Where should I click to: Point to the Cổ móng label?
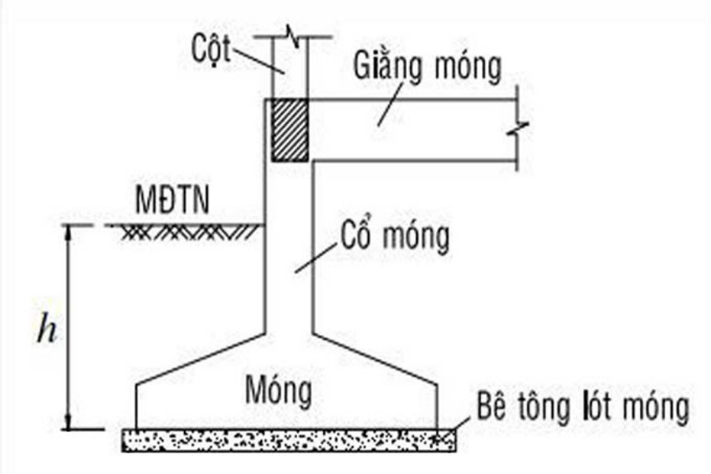(395, 237)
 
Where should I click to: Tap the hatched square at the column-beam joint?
(289, 130)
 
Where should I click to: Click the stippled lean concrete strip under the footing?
(288, 440)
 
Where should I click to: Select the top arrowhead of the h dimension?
(69, 231)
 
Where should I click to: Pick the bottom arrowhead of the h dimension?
(69, 423)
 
